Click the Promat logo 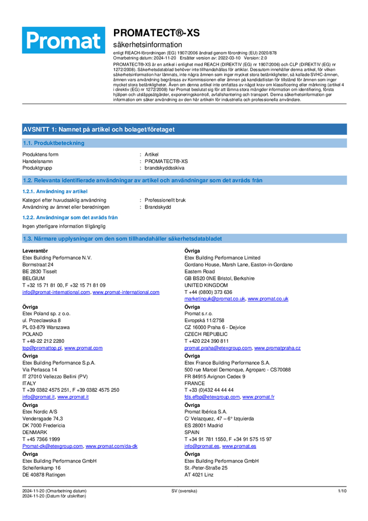coord(63,40)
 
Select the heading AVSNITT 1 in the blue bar coord(99,129)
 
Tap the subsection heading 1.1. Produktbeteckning coord(53,143)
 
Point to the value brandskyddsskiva coord(164,168)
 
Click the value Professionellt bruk coord(165,200)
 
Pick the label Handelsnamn coord(37,162)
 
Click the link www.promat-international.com coord(126,292)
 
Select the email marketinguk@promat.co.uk coord(214,299)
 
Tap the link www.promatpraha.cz coord(277,348)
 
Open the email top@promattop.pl coord(42,348)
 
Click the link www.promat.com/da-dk coord(111,446)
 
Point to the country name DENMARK coord(36,432)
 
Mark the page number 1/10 coord(342,491)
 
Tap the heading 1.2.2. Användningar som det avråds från coord(70,217)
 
